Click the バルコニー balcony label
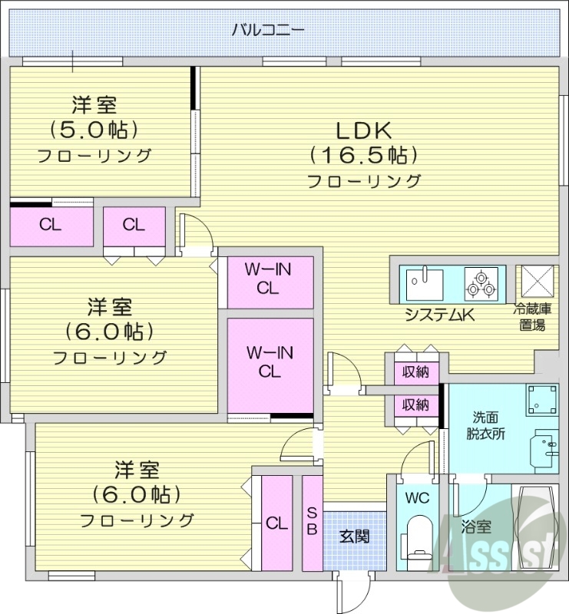(268, 31)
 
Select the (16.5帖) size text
(364, 155)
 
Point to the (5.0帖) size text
(94, 128)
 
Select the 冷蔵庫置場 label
(533, 317)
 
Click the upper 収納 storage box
(416, 373)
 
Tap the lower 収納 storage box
(416, 404)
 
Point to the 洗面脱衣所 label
(488, 425)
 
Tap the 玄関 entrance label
(354, 536)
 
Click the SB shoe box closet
(312, 522)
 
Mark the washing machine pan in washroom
(541, 399)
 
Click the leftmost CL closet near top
(51, 226)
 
